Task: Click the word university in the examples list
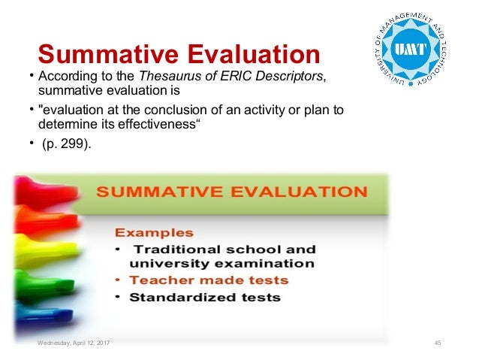coord(166,264)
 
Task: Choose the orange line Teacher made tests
coord(209,280)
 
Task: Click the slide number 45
coord(438,343)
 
